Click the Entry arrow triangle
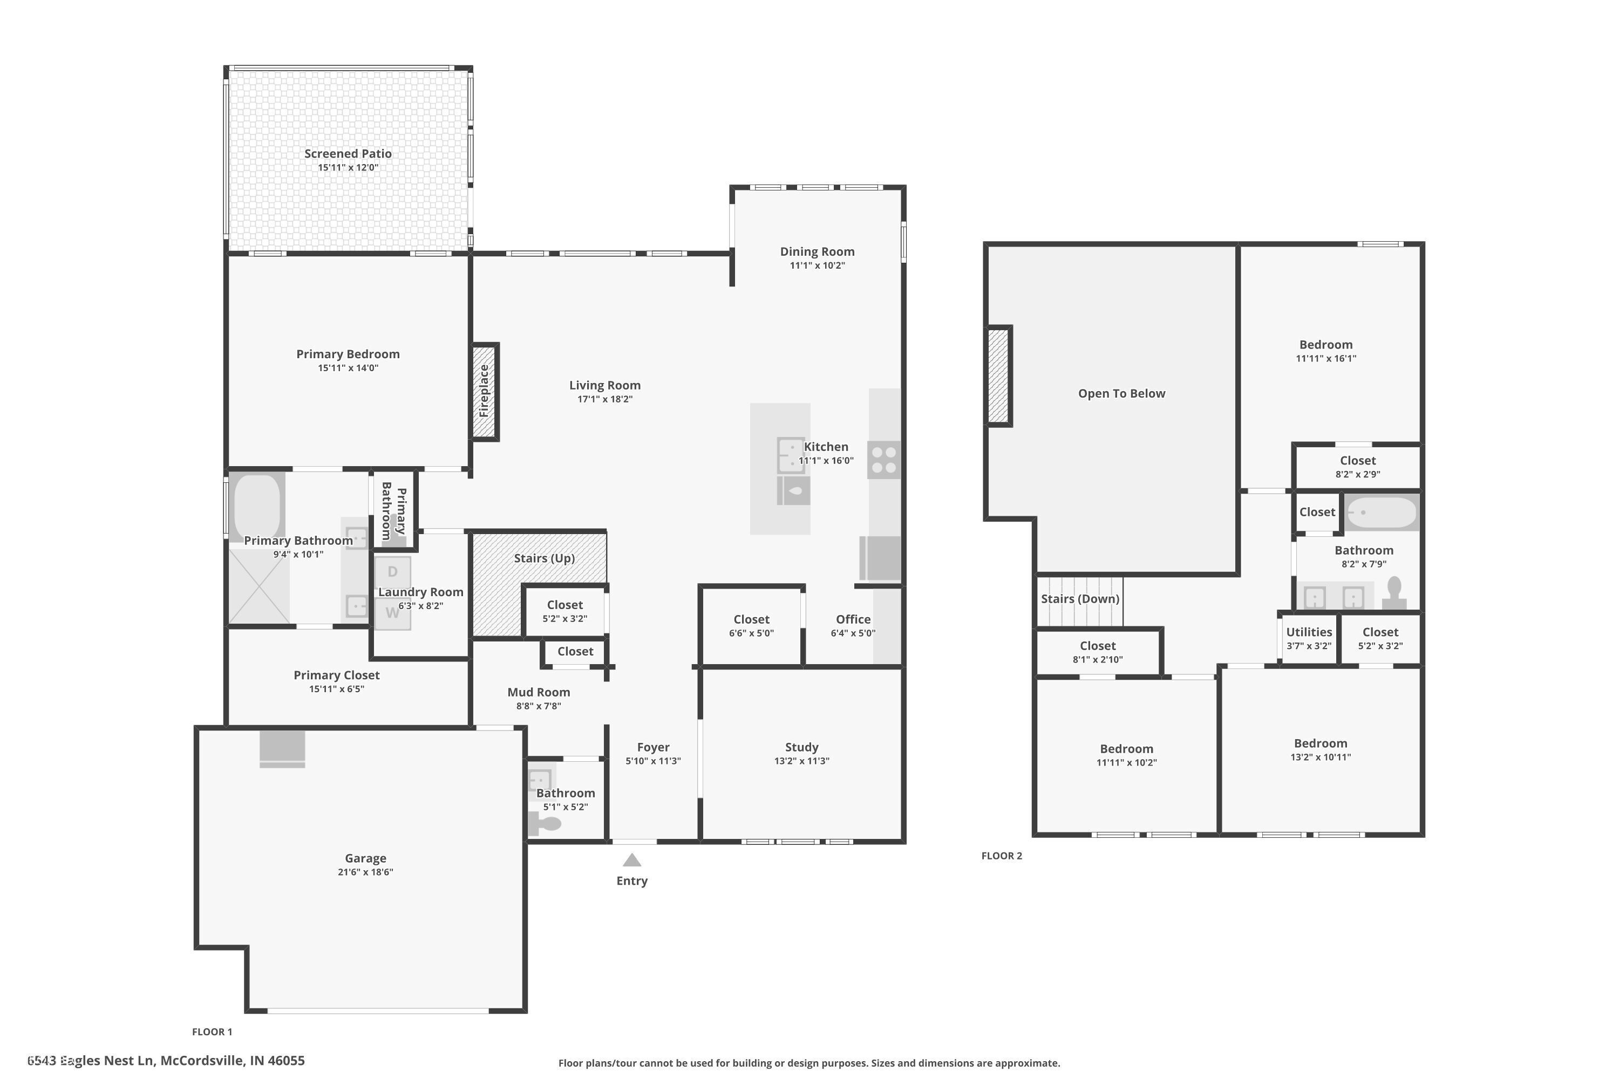click(632, 860)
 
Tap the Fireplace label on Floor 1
click(484, 391)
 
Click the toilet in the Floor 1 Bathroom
click(546, 824)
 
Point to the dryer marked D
click(392, 571)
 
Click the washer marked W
click(392, 613)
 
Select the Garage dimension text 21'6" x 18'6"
click(365, 872)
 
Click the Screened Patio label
click(348, 153)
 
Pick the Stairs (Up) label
click(544, 558)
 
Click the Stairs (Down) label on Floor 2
click(1079, 599)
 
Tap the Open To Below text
click(1121, 394)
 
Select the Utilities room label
click(1309, 632)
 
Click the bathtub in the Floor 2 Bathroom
click(1381, 513)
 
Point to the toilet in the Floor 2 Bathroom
click(1394, 593)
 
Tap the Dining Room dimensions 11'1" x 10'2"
click(817, 265)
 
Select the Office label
click(853, 619)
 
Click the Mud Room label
click(538, 692)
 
